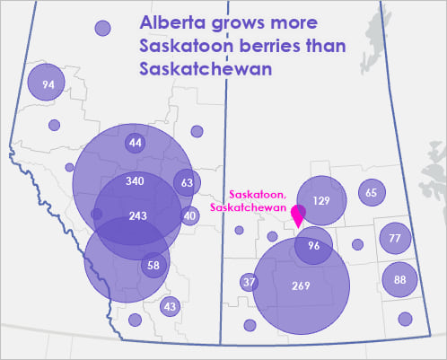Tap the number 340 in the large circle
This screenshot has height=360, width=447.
pyautogui.click(x=136, y=182)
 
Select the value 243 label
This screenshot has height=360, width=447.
pyautogui.click(x=138, y=216)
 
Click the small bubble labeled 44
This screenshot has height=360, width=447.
pyautogui.click(x=136, y=144)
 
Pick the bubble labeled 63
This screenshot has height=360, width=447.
pyautogui.click(x=187, y=183)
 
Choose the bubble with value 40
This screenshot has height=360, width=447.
pyautogui.click(x=188, y=215)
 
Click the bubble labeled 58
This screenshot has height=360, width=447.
pyautogui.click(x=153, y=266)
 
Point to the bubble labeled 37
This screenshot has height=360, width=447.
pyautogui.click(x=250, y=283)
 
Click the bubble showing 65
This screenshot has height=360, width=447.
pyautogui.click(x=372, y=192)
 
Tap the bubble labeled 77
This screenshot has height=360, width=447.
pyautogui.click(x=395, y=238)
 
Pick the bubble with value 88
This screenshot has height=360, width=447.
pyautogui.click(x=399, y=280)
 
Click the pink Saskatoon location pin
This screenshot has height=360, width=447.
pyautogui.click(x=300, y=215)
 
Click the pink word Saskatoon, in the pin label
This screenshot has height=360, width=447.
pyautogui.click(x=258, y=194)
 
